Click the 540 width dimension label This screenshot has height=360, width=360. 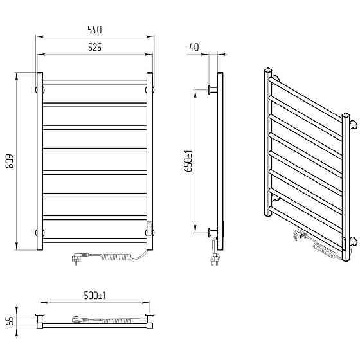(94, 30)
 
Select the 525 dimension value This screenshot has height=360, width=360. (94, 48)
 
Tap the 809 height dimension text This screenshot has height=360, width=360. (10, 161)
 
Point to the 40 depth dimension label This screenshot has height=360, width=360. (194, 47)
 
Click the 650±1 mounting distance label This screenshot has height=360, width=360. (189, 161)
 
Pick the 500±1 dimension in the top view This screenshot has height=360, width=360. (95, 295)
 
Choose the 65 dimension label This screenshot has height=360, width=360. (10, 321)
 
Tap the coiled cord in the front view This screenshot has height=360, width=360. (116, 256)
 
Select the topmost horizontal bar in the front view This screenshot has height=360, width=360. (94, 82)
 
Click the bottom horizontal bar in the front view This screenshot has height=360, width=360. (94, 240)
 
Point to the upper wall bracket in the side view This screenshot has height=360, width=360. (213, 89)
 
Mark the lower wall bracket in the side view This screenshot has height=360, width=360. (213, 233)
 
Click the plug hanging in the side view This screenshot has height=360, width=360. (215, 258)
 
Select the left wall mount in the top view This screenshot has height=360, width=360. (40, 318)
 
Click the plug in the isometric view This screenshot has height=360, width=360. (300, 236)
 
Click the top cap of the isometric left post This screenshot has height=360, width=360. (268, 69)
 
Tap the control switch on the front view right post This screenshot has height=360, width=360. (150, 228)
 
